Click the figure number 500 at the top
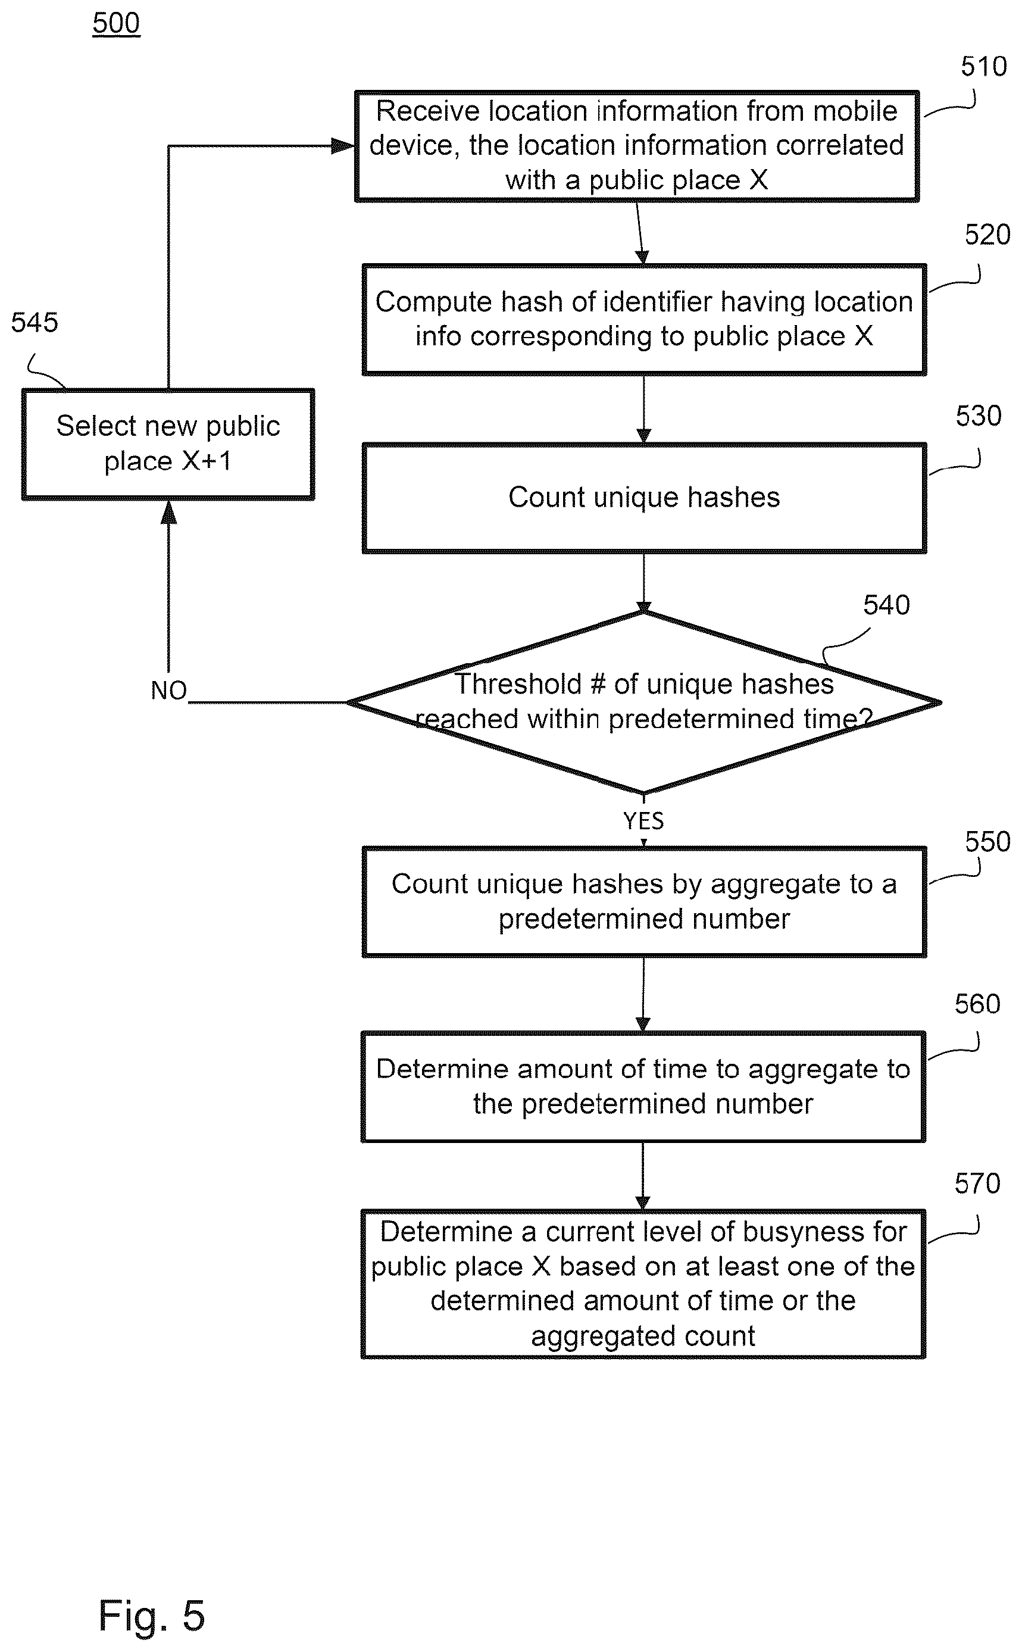click(116, 24)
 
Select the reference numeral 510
click(983, 67)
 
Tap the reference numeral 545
click(35, 323)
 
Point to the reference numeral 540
click(886, 605)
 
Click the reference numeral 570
click(977, 1183)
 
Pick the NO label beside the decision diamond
click(168, 691)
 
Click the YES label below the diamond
click(643, 822)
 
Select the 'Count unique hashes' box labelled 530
click(644, 498)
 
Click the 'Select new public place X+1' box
click(168, 444)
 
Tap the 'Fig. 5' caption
click(151, 1615)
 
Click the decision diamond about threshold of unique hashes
click(644, 702)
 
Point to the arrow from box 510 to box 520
click(640, 233)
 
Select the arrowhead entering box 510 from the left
click(343, 146)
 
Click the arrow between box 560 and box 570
click(643, 1176)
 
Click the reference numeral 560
click(977, 1004)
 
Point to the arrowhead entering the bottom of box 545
click(168, 512)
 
